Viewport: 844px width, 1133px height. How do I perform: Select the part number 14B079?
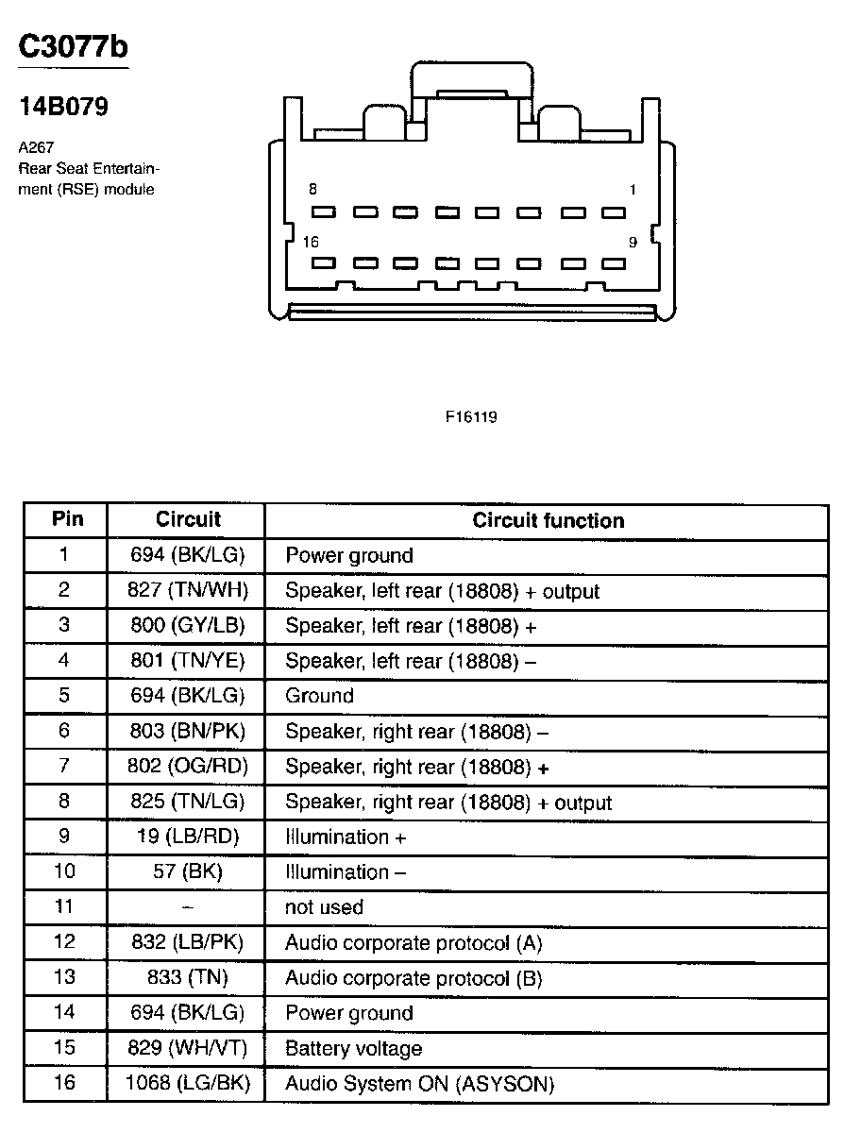(x=64, y=107)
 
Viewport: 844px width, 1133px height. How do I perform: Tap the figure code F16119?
(x=471, y=416)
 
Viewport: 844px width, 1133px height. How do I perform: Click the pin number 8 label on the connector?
(x=313, y=190)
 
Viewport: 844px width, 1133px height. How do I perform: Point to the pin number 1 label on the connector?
(x=633, y=190)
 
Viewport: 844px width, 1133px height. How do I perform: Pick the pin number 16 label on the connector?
(x=311, y=243)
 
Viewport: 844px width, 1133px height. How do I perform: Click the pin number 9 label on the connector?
(x=633, y=243)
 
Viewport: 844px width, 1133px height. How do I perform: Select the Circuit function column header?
(x=548, y=520)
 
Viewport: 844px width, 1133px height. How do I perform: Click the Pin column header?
(x=67, y=519)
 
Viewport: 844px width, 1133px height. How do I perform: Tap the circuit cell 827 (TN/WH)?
(x=187, y=591)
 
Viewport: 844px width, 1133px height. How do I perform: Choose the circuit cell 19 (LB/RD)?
(x=187, y=837)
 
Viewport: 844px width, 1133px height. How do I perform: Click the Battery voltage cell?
(x=353, y=1048)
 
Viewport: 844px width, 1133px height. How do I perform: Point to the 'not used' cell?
(x=324, y=907)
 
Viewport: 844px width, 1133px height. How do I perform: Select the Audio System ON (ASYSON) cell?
(x=419, y=1084)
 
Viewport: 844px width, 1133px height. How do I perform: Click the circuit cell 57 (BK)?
(x=187, y=871)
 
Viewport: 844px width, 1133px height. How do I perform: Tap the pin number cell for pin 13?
(x=64, y=977)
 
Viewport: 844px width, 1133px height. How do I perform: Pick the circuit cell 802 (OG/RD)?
(x=187, y=767)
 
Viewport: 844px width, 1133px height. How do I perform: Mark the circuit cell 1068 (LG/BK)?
(x=187, y=1084)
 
